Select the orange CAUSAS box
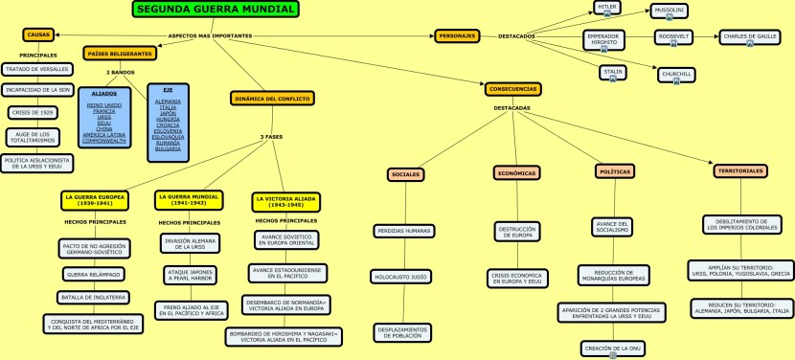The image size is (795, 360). (38, 35)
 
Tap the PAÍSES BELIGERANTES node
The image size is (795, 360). (119, 54)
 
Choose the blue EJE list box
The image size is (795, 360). (168, 122)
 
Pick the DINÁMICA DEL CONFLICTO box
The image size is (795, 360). (271, 98)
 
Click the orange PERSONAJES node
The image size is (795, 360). (456, 35)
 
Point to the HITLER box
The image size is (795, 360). (607, 8)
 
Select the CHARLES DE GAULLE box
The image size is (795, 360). (749, 37)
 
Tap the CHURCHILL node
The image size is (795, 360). (676, 74)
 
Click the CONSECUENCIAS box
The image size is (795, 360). (512, 89)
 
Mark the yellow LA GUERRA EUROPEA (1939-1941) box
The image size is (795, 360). (95, 200)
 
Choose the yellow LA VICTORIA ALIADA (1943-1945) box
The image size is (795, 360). (285, 202)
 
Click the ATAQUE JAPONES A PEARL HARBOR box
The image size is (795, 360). (190, 277)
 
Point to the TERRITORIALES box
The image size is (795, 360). (740, 171)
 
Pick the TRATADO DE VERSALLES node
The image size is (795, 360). (36, 69)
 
